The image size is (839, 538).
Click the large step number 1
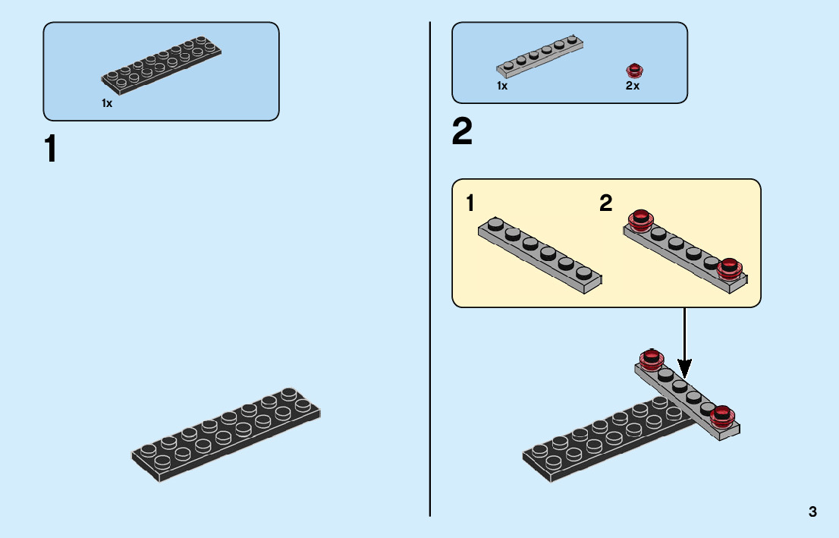click(51, 149)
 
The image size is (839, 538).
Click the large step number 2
click(462, 133)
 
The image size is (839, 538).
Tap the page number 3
click(812, 511)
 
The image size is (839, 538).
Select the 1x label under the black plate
click(107, 103)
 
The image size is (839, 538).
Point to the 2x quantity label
click(633, 87)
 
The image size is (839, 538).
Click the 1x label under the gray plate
click(502, 87)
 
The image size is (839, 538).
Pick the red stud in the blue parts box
click(634, 71)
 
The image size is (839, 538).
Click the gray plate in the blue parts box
click(540, 56)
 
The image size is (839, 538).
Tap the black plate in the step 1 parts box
click(162, 62)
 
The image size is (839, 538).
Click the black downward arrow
click(684, 341)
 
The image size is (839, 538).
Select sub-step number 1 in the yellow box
click(470, 203)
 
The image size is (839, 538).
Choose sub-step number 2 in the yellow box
click(605, 203)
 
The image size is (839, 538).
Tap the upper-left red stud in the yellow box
click(641, 220)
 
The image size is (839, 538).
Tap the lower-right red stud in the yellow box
click(730, 268)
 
